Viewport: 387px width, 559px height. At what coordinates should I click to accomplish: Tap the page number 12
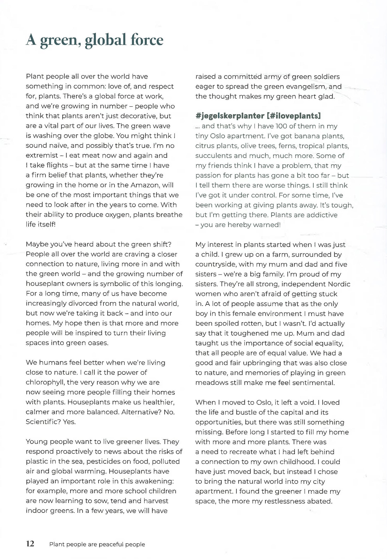[x=30, y=544]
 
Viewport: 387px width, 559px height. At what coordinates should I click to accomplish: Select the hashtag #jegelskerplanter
[x=230, y=116]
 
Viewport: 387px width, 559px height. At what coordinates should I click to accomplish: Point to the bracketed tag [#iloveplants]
[x=294, y=116]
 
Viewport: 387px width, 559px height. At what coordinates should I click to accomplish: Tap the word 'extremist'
[x=42, y=156]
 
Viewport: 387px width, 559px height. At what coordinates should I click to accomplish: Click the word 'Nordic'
[x=339, y=284]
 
